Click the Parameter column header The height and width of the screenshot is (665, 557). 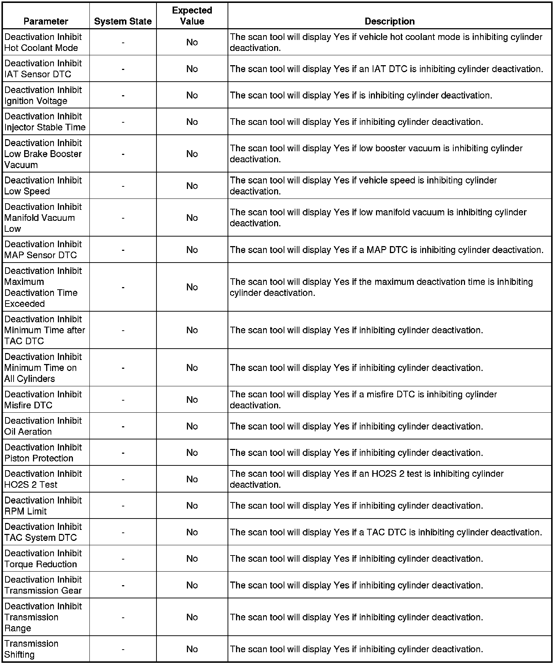pos(46,21)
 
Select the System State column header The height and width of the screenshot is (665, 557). pos(123,21)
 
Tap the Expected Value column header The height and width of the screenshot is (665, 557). pos(192,16)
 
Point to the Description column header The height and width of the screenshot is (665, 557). pos(390,21)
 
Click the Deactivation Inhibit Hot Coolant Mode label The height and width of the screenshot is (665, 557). pos(43,42)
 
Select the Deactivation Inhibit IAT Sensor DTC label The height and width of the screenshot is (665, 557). pos(43,68)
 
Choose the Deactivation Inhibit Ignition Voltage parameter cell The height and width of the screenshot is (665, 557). pos(43,95)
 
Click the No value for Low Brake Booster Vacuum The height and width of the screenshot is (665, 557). pos(192,154)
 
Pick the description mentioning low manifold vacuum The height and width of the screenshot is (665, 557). pos(378,218)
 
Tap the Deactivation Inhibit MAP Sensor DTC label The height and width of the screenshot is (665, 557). pos(43,249)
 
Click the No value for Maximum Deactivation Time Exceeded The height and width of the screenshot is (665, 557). pos(192,287)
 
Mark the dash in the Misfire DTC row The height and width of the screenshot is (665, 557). pos(123,400)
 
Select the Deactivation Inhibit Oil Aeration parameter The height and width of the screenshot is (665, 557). pos(43,426)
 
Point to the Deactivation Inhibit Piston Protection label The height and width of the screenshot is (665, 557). pos(43,453)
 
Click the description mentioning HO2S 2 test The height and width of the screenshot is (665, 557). pos(366,479)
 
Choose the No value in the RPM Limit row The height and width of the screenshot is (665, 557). pos(192,505)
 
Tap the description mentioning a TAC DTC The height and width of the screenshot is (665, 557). pos(386,532)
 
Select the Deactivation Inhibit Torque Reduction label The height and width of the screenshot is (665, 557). pos(43,558)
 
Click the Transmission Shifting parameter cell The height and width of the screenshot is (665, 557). pos(31,649)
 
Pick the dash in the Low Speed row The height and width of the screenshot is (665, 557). pos(123,186)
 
